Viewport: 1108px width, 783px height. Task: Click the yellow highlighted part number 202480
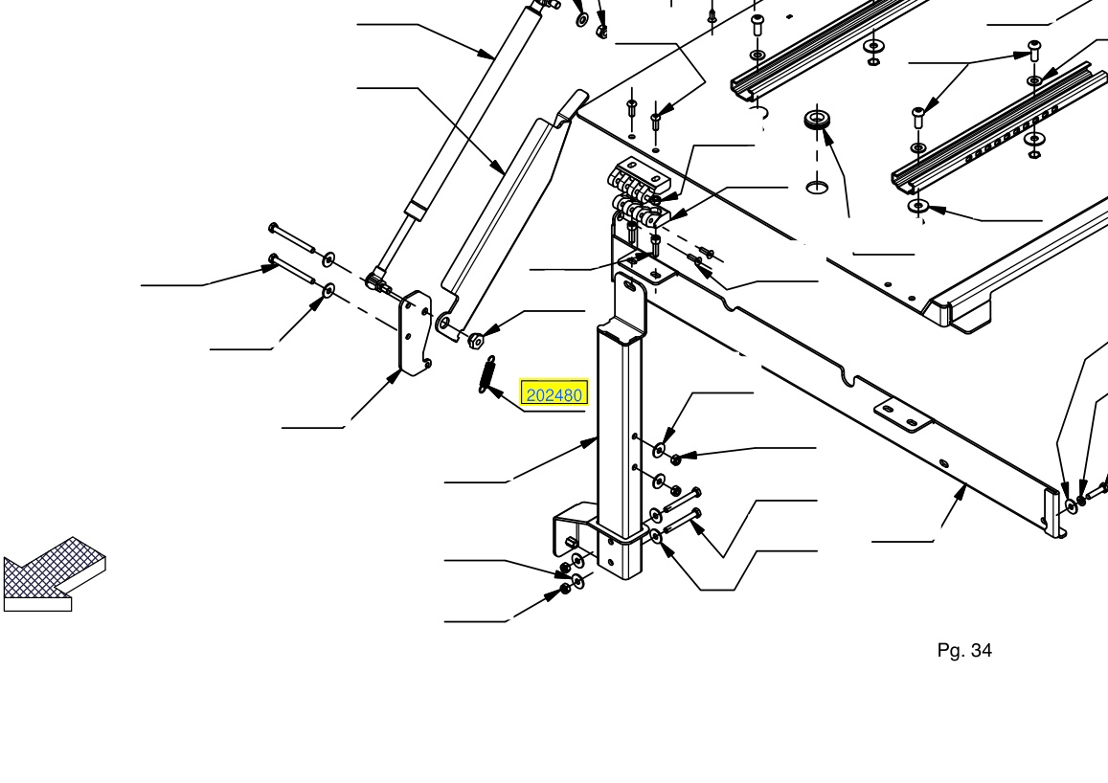(x=554, y=394)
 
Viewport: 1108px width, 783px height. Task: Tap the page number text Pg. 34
(x=963, y=650)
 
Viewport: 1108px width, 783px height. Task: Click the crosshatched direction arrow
(x=54, y=574)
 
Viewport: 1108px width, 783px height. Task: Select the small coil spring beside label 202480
(x=487, y=375)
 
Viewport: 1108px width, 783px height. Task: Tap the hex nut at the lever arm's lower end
(x=476, y=340)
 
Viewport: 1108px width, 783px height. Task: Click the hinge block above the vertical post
(x=640, y=190)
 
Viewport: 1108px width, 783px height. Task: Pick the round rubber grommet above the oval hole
(x=817, y=120)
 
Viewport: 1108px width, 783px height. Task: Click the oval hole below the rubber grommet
(x=818, y=187)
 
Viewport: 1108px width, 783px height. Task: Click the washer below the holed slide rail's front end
(x=918, y=206)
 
